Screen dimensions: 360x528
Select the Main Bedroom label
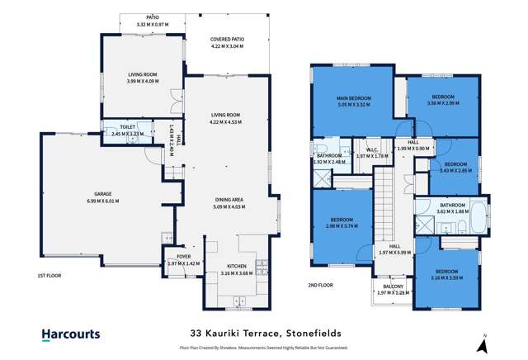tap(355, 99)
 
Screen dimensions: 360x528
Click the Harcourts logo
tap(71, 334)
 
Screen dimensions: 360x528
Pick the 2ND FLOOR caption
tap(322, 285)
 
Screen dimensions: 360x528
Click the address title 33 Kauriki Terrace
tap(263, 334)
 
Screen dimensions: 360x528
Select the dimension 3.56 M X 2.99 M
tap(443, 105)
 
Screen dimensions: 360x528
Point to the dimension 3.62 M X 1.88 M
tap(452, 211)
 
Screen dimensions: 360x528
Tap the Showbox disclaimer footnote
tap(263, 348)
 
